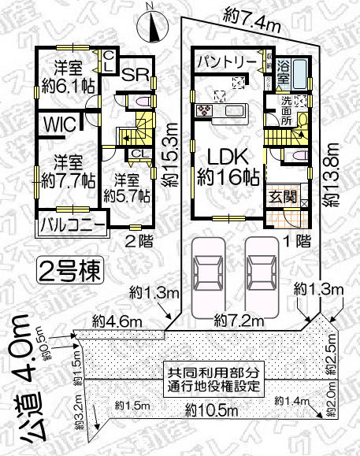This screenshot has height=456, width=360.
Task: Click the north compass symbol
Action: [x=152, y=26]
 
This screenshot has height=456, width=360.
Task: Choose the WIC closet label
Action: [x=60, y=125]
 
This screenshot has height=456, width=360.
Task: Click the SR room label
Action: [x=135, y=75]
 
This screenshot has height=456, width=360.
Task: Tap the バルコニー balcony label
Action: [x=72, y=226]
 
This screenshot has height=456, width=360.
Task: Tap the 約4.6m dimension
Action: [x=111, y=320]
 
